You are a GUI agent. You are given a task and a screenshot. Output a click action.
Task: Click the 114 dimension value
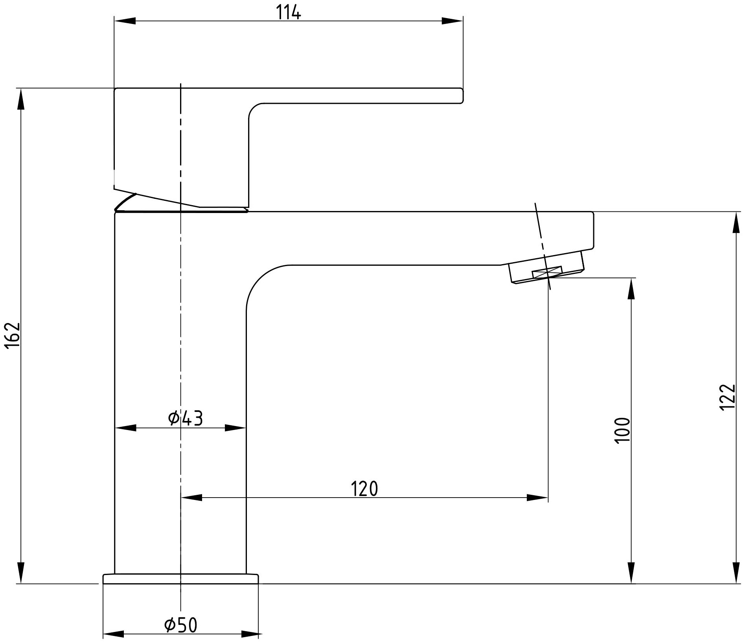[288, 13]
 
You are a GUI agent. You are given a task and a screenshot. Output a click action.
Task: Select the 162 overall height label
[13, 335]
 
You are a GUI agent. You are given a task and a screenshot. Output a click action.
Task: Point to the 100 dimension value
[622, 430]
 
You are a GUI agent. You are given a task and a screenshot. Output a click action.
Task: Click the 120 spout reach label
[364, 489]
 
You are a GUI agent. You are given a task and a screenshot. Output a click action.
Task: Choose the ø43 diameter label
[185, 419]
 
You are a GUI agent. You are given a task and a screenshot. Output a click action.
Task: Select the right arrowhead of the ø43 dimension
[235, 428]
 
